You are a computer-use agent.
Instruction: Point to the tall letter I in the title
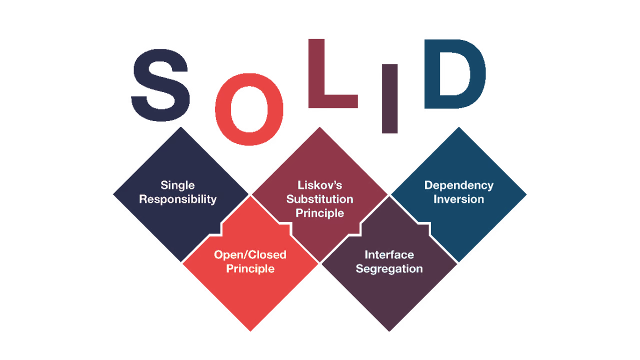pyautogui.click(x=389, y=98)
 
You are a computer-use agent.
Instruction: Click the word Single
pyautogui.click(x=177, y=185)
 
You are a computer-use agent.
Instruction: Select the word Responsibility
pyautogui.click(x=177, y=199)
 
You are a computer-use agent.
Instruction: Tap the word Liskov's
pyautogui.click(x=319, y=185)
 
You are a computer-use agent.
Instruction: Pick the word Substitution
pyautogui.click(x=319, y=199)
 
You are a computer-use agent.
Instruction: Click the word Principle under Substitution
pyautogui.click(x=319, y=213)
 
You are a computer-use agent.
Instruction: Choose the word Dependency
pyautogui.click(x=459, y=185)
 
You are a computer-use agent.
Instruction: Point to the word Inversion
pyautogui.click(x=459, y=199)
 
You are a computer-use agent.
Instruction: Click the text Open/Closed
pyautogui.click(x=250, y=255)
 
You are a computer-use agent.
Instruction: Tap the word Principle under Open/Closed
pyautogui.click(x=250, y=269)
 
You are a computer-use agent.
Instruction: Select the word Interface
pyautogui.click(x=389, y=255)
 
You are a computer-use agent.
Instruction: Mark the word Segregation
pyautogui.click(x=389, y=269)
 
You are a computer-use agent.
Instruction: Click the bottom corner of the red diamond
pyautogui.click(x=250, y=331)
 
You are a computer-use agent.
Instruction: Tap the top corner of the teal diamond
pyautogui.click(x=459, y=127)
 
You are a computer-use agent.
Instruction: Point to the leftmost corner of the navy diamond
pyautogui.click(x=113, y=194)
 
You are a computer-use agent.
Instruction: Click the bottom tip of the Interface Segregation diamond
pyautogui.click(x=389, y=331)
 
